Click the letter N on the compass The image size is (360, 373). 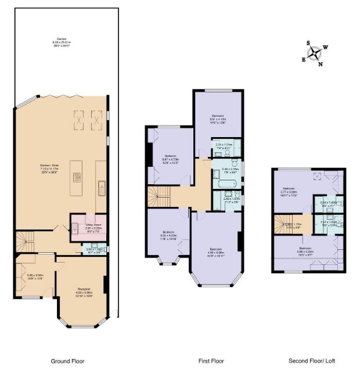tap(320, 64)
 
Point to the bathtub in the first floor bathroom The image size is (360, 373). tap(223, 186)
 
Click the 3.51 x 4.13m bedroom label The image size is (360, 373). tap(218, 120)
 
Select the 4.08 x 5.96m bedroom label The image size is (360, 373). tap(216, 252)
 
